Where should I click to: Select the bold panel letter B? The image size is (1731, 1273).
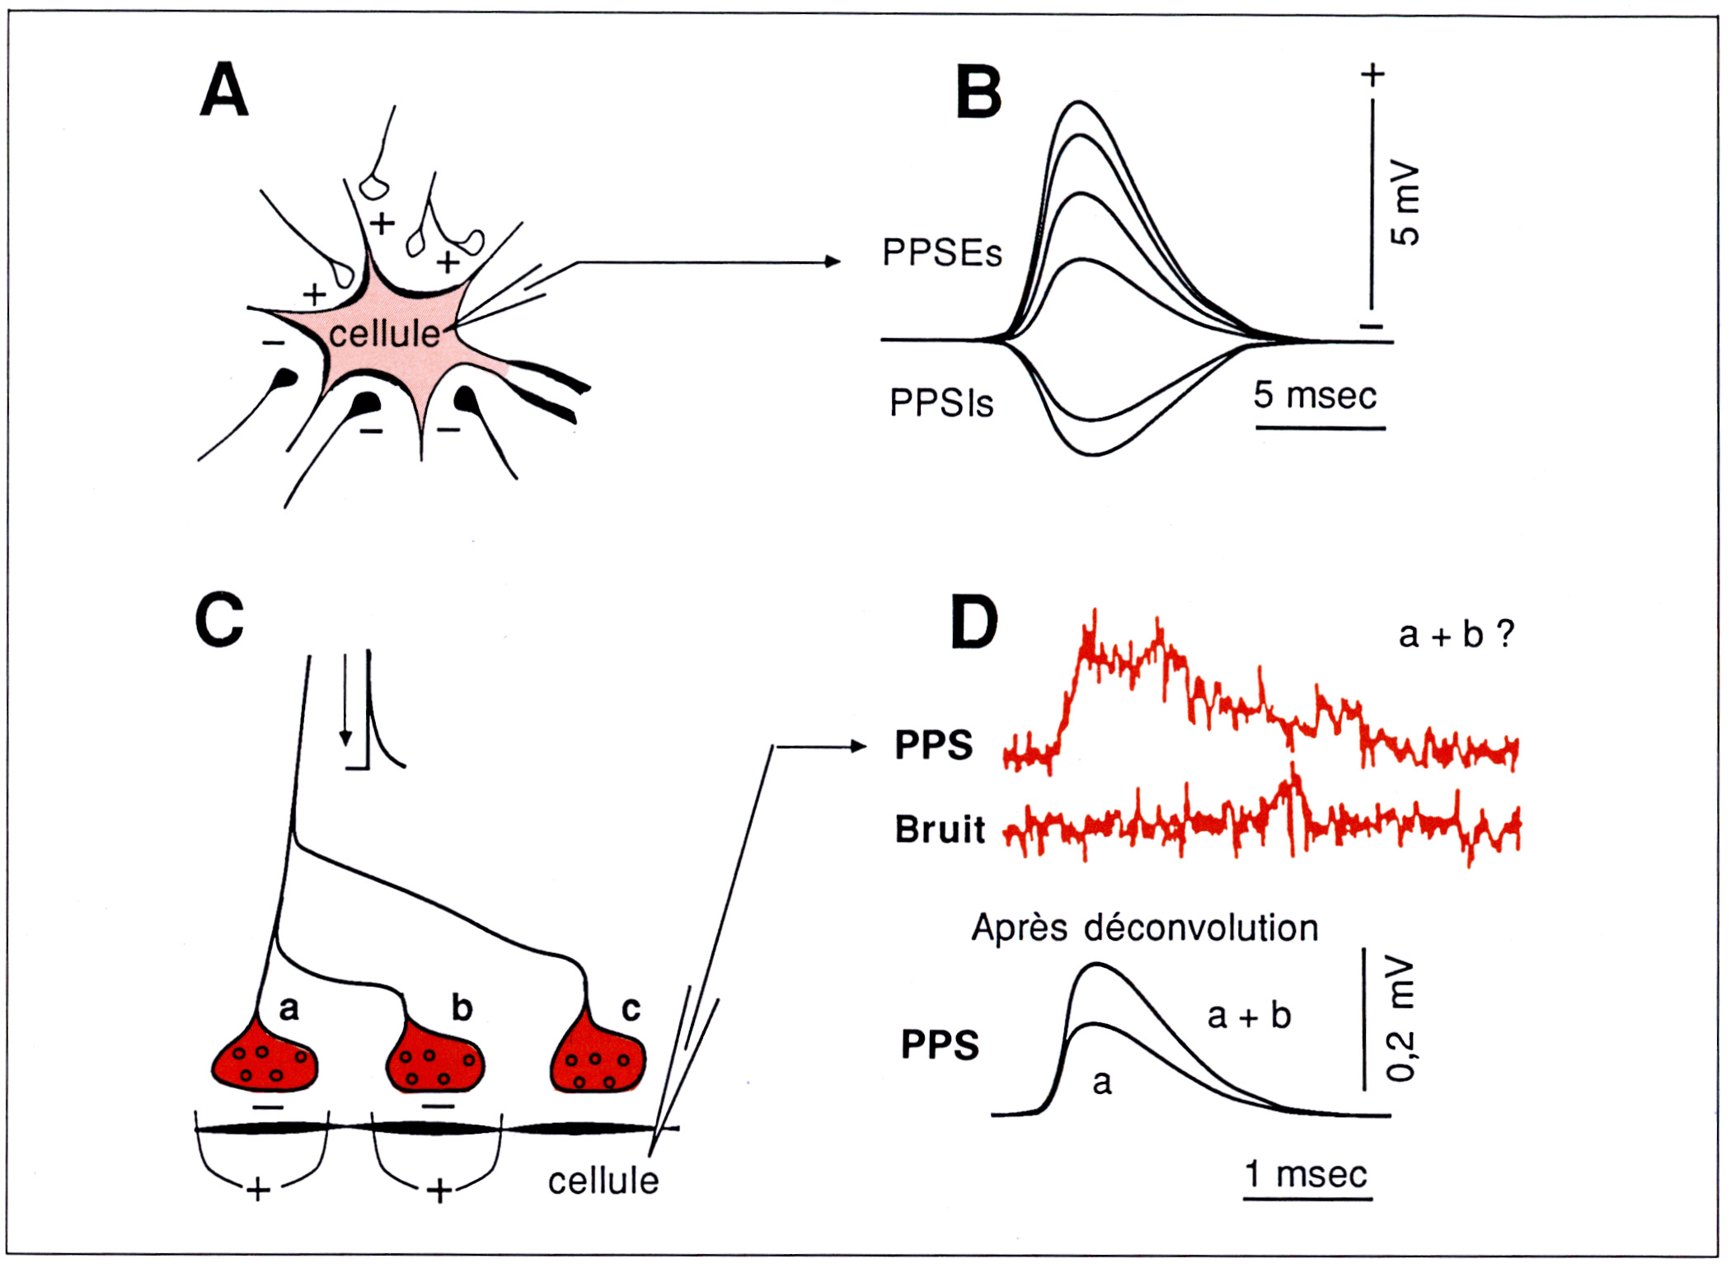click(978, 92)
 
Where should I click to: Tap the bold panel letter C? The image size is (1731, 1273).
click(219, 619)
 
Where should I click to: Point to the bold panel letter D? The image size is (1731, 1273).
click(973, 622)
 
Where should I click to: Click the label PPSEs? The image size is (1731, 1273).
click(941, 252)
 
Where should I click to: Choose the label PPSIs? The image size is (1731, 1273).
click(941, 403)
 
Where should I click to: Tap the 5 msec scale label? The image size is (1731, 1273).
click(1315, 396)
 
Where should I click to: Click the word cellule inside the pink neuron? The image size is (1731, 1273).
click(384, 334)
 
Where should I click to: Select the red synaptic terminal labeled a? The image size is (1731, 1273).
click(265, 1064)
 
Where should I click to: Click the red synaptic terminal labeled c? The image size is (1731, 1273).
click(598, 1064)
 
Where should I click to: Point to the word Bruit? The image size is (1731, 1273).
click(940, 829)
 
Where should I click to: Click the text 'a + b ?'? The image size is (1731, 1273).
click(1456, 635)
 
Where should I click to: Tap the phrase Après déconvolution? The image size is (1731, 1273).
click(1144, 928)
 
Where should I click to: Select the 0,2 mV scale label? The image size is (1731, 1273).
click(1400, 1019)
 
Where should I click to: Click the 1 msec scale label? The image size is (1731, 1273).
click(1306, 1174)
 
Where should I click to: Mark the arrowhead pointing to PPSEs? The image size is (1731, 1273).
click(833, 261)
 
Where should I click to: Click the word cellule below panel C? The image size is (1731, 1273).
click(603, 1181)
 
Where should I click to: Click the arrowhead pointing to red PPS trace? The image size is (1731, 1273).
click(859, 746)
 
